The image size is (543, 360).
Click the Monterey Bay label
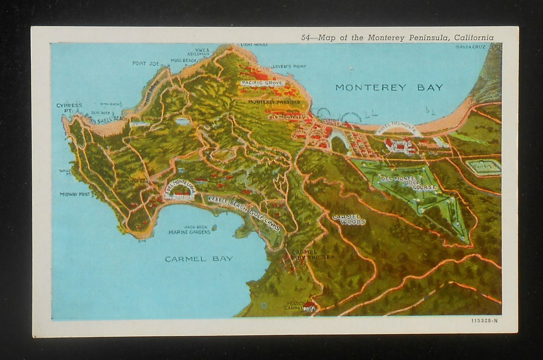point(389,88)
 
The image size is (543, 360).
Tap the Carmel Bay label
point(199,259)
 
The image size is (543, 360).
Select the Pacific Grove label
point(262,83)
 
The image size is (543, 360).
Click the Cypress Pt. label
point(69,107)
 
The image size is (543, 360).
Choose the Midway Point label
point(75,194)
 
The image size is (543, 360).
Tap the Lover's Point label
point(289,66)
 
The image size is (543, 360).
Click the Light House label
point(254,45)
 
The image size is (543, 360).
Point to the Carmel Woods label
point(348,219)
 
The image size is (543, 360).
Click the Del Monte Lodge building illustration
point(180,196)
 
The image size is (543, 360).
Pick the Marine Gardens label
point(189,232)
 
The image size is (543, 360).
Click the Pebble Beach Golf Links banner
point(244,213)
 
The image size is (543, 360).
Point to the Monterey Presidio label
point(274,102)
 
